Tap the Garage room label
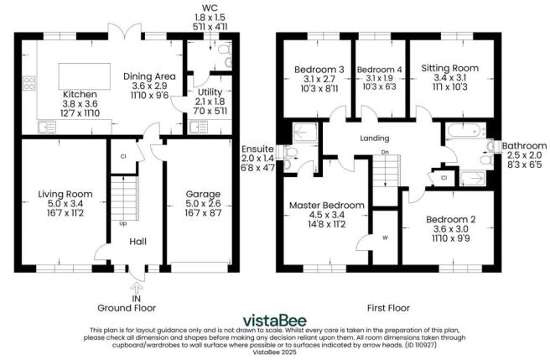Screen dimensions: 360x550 click(202, 195)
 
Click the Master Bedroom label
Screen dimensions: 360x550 click(326, 205)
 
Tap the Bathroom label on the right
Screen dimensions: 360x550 click(521, 146)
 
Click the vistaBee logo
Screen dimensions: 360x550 click(274, 320)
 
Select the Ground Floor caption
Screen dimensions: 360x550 click(136, 307)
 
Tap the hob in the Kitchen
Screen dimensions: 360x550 click(29, 83)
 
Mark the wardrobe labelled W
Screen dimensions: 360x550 click(385, 237)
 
